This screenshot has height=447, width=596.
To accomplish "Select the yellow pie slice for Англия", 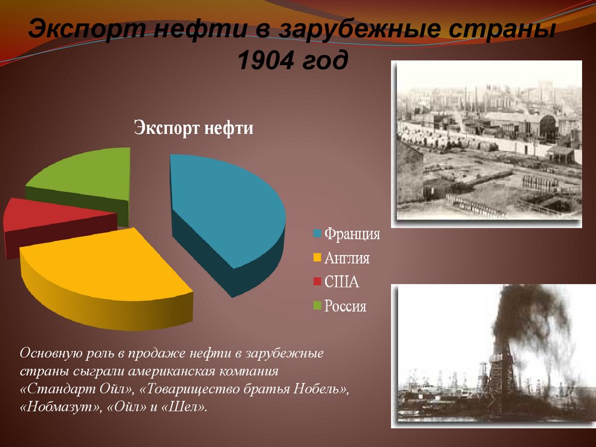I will (x=105, y=268).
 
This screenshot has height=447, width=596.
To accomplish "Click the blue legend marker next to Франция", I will (x=317, y=235).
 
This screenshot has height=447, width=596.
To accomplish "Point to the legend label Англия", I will (x=347, y=258).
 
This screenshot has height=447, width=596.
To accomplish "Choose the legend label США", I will (x=342, y=282).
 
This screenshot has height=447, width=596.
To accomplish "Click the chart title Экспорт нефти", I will (x=194, y=127).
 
